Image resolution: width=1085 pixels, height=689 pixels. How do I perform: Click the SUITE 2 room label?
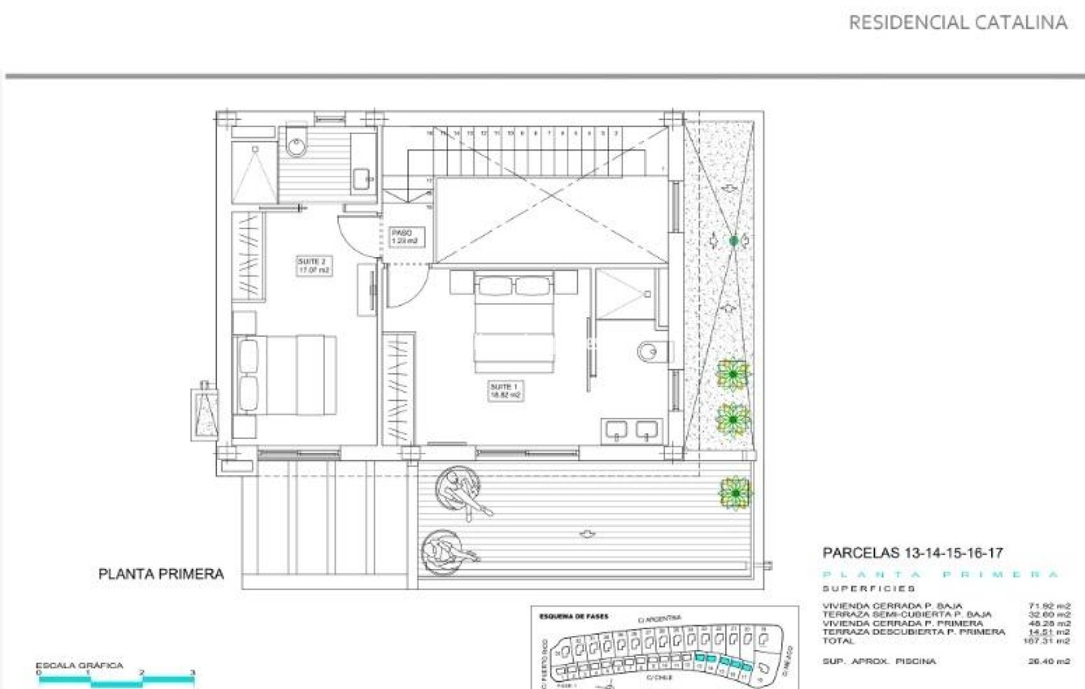tap(313, 266)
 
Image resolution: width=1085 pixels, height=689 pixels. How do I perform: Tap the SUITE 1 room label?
tap(505, 390)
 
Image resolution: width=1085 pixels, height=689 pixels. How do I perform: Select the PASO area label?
tap(404, 237)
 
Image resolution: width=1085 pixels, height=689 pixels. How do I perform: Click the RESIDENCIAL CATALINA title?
tap(957, 23)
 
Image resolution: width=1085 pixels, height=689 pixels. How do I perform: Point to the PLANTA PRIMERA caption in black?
tap(161, 574)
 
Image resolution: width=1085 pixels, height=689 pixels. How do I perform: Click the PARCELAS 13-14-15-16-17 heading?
tap(912, 553)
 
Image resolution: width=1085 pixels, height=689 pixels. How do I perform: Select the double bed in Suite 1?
tap(514, 322)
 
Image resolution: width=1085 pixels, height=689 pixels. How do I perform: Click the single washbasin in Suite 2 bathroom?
tap(363, 178)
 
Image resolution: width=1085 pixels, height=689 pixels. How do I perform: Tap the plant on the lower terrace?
tap(736, 493)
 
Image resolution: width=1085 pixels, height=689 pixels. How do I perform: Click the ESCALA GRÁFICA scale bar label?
tap(79, 665)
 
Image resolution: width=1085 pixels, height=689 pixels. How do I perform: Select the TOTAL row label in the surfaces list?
tap(837, 641)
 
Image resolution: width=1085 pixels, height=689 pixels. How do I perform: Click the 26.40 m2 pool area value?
tap(1049, 662)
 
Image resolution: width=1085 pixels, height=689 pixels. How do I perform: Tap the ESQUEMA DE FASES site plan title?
tap(574, 617)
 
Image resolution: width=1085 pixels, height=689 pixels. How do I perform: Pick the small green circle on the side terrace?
tap(734, 241)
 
